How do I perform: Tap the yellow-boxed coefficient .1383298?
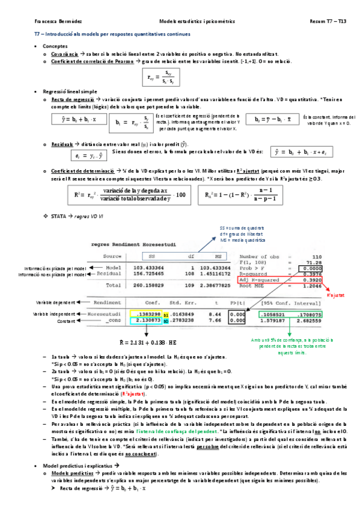pyautogui.click(x=145, y=315)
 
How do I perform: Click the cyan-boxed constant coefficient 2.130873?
pyautogui.click(x=145, y=321)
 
